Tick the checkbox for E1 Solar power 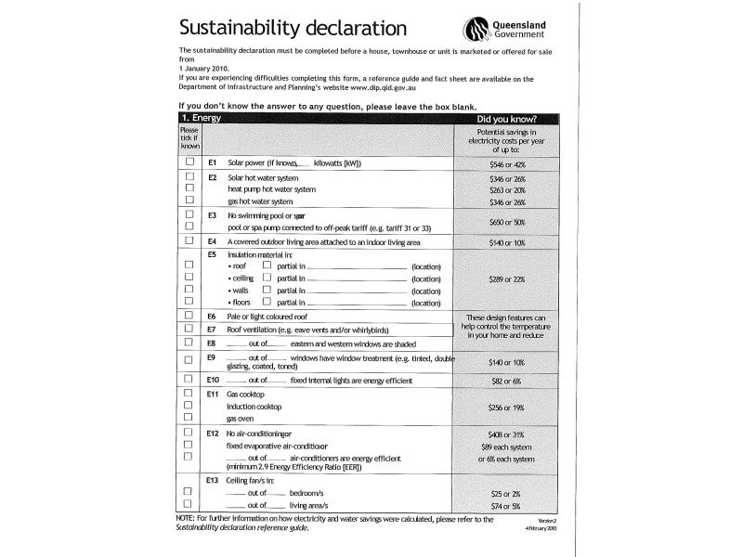pos(189,162)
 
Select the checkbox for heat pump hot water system pos(189,188)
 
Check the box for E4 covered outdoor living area pos(189,240)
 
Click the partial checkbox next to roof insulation pos(267,266)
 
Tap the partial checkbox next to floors pos(267,302)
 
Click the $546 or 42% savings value pos(507,163)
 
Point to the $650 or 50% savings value pos(507,222)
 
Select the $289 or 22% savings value pos(507,278)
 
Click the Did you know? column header pos(506,120)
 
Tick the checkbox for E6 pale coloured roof pos(189,317)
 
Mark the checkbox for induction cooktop pos(189,407)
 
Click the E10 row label pos(213,381)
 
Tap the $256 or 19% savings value pos(507,408)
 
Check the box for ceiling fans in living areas pos(189,504)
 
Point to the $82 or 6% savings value pos(507,382)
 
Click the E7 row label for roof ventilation pos(212,330)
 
